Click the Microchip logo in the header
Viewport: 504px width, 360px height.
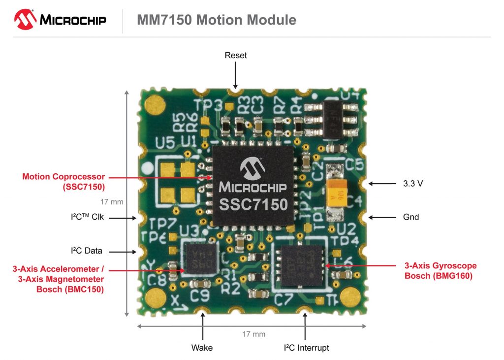pyautogui.click(x=67, y=20)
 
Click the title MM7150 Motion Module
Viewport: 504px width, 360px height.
pyautogui.click(x=216, y=20)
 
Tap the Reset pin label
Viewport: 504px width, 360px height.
pyautogui.click(x=236, y=55)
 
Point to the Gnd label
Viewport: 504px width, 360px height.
pyautogui.click(x=411, y=217)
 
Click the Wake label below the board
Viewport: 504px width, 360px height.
pyautogui.click(x=202, y=348)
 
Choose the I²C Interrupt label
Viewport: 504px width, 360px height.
pyautogui.click(x=306, y=348)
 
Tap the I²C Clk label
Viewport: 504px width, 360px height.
pyautogui.click(x=88, y=217)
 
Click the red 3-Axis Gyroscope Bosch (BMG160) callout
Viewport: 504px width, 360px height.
pyautogui.click(x=440, y=271)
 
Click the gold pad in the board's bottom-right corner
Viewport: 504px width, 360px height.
pyautogui.click(x=350, y=297)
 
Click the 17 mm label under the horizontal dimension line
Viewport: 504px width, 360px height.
pyautogui.click(x=253, y=334)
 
